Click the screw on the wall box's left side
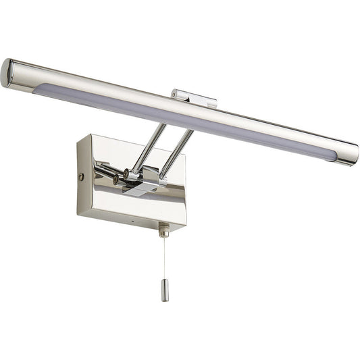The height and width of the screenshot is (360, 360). point(82,177)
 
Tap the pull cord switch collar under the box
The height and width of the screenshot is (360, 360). point(163,232)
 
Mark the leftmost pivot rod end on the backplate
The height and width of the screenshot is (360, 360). point(99,166)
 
